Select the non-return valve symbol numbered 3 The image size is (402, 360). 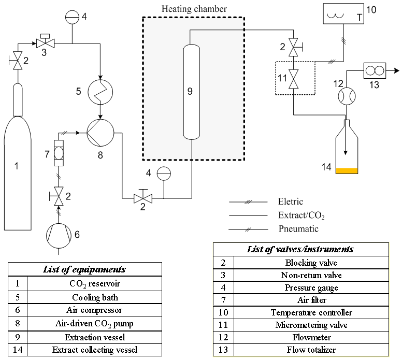45,41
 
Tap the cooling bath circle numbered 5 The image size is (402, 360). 101,92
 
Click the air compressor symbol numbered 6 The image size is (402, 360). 59,236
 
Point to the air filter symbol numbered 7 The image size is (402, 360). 59,153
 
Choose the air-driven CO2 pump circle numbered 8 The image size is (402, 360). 101,133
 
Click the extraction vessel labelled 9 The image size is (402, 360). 192,92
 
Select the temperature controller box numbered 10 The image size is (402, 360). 343,13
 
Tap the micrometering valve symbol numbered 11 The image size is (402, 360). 294,79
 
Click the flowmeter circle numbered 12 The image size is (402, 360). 347,96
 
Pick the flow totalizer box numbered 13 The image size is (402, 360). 375,70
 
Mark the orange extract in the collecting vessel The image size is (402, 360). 347,171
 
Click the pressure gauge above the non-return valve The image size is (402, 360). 73,17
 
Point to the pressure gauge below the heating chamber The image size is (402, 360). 164,174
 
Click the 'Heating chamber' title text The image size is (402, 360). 194,9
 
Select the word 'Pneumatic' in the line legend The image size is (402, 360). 298,229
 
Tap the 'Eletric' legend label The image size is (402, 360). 291,201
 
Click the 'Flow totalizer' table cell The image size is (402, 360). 311,350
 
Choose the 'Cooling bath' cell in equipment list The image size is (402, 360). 95,297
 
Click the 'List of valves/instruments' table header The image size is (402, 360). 301,249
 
